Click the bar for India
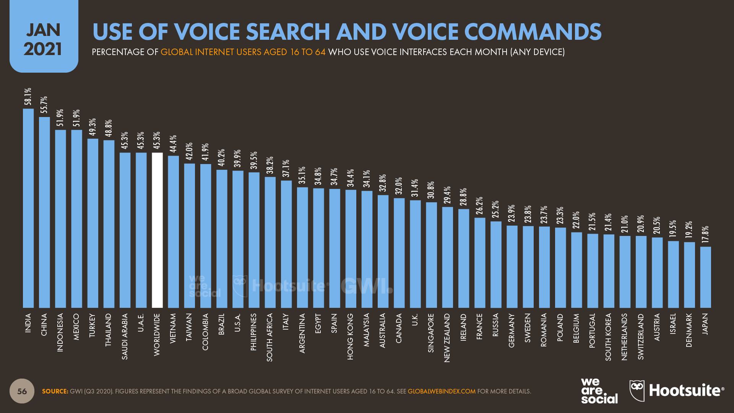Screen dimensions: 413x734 tap(28, 208)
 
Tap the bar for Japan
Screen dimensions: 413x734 tap(705, 277)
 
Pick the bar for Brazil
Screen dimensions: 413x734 tap(222, 239)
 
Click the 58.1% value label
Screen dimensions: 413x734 tap(28, 96)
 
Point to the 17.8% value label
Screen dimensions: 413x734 tap(705, 234)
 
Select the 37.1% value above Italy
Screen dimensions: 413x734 tap(286, 168)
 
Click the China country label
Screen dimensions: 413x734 tap(44, 325)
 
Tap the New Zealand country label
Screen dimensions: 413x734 tap(447, 338)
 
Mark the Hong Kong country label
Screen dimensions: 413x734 tap(351, 337)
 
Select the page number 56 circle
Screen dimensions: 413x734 tap(22, 391)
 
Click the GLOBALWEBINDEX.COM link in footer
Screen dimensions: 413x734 tap(442, 392)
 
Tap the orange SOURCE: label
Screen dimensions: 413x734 tap(55, 392)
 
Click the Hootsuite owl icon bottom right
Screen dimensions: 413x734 tap(637, 390)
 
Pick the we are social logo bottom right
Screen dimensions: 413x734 tap(599, 391)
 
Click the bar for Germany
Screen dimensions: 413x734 tap(512, 267)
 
